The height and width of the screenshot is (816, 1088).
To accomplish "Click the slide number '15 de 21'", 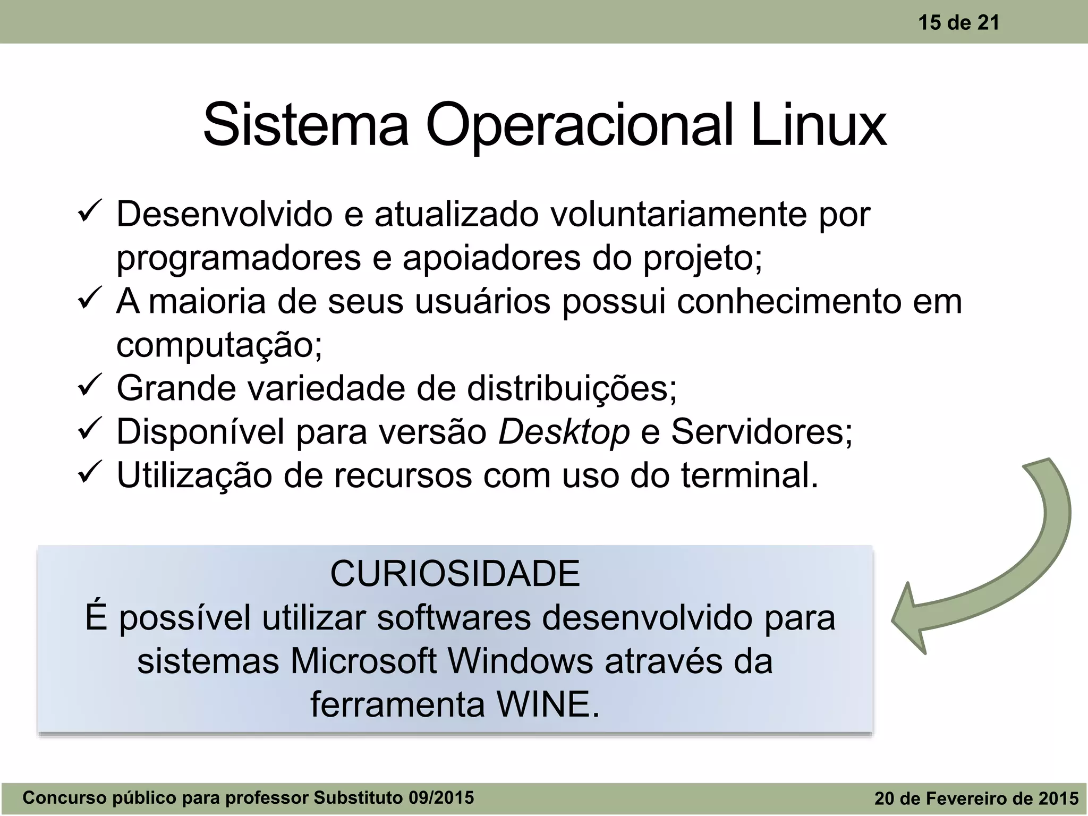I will tap(958, 23).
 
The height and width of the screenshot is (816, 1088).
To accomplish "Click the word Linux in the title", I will tap(818, 125).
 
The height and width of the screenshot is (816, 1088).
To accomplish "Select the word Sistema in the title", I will tap(305, 125).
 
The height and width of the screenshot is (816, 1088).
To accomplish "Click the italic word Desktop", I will tap(564, 431).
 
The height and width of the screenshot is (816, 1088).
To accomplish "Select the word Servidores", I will tap(761, 431).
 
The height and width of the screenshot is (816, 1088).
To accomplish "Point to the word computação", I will tap(218, 346).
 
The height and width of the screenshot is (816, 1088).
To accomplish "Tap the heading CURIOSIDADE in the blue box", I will tap(455, 574).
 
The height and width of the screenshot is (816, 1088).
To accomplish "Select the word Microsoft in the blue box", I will tap(363, 661).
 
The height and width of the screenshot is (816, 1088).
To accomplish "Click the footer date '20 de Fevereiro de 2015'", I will tap(976, 798).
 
